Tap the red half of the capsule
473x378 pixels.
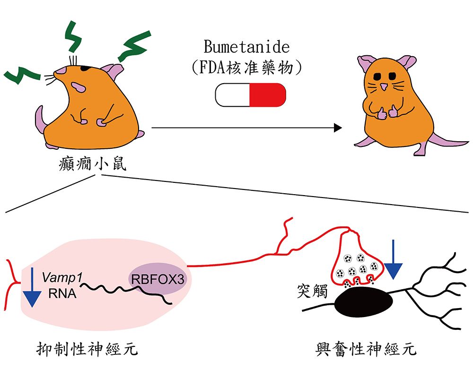[x=267, y=94]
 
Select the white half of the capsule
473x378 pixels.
[x=232, y=94]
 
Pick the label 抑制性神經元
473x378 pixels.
[x=88, y=350]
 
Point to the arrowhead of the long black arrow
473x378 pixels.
[x=337, y=128]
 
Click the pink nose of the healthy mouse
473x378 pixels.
[x=384, y=87]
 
